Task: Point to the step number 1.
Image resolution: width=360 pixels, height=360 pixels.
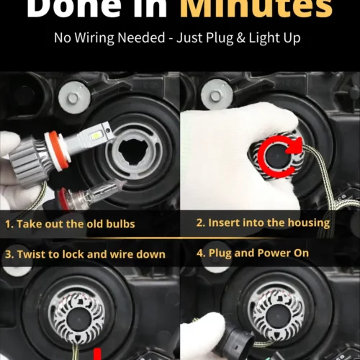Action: (8, 224)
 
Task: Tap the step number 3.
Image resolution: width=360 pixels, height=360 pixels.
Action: (8, 253)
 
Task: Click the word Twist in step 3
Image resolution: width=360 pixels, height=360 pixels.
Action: (32, 253)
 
